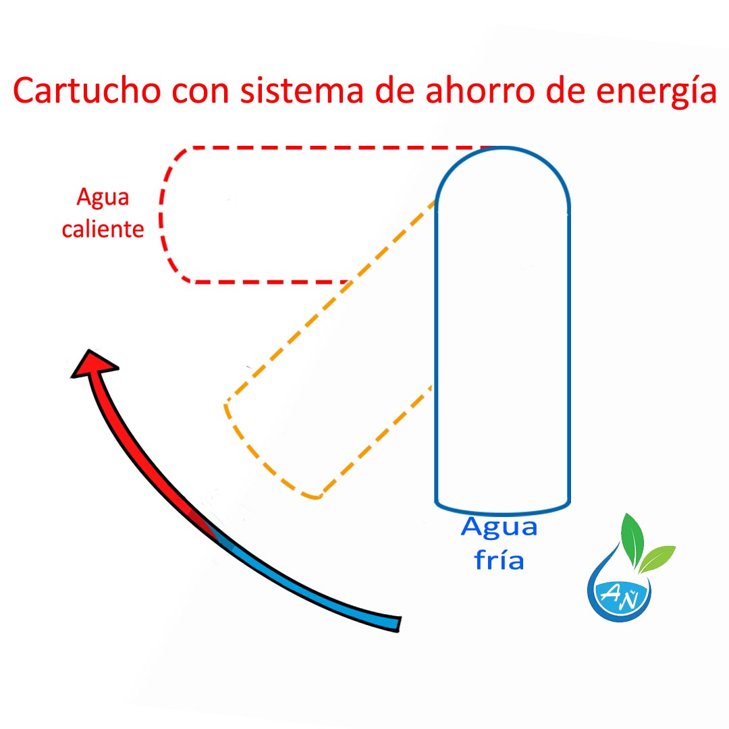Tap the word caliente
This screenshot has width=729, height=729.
103,229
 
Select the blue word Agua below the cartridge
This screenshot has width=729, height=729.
499,526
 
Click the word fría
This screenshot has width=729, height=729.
499,560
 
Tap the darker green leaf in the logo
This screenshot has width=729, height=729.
632,537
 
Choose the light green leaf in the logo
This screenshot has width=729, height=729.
657,558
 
